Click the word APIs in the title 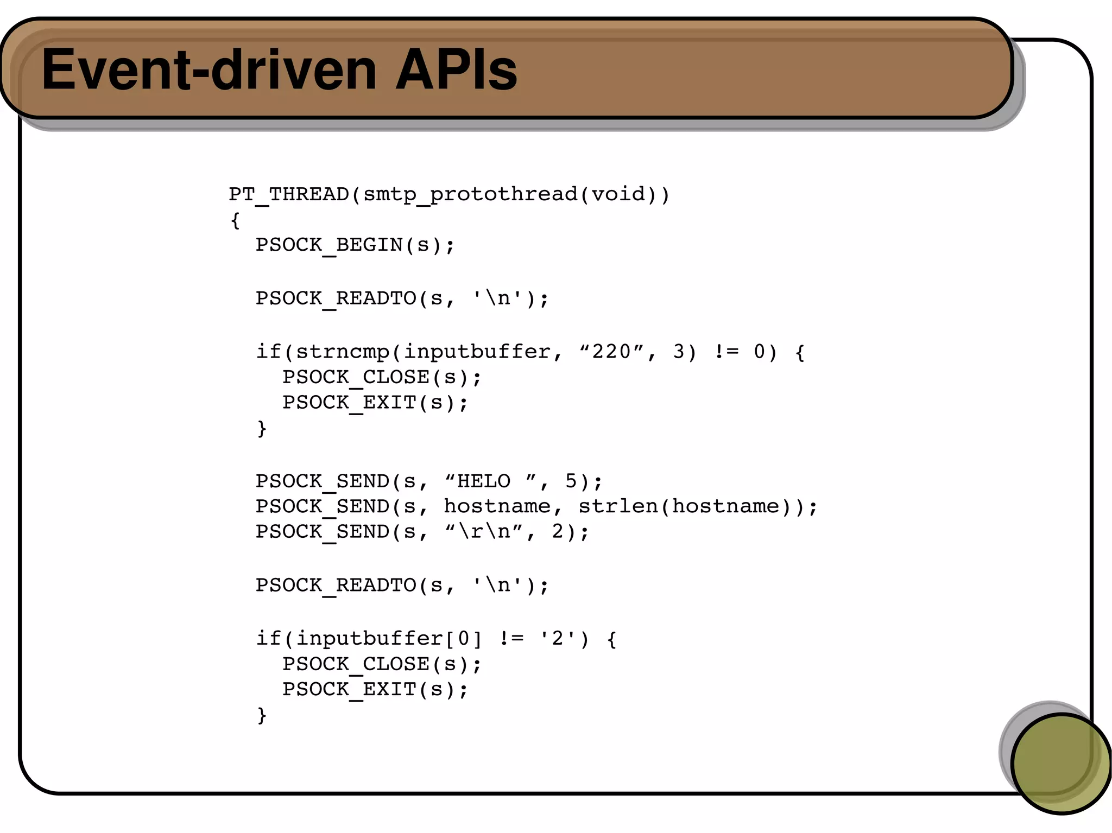[456, 69]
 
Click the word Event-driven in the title [209, 69]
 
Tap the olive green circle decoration [1060, 763]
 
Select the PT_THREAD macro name [288, 194]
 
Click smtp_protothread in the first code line [470, 194]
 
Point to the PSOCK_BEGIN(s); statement [355, 245]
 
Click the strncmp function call [342, 352]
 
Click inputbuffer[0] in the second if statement [389, 638]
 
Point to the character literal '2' [557, 638]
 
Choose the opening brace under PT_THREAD [235, 220]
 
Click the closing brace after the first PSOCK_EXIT [262, 428]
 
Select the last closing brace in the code [262, 715]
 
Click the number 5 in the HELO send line [571, 481]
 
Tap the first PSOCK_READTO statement [402, 298]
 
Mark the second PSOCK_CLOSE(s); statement [382, 664]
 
